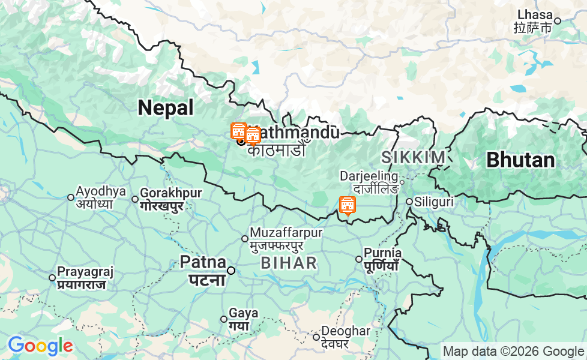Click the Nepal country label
pyautogui.click(x=166, y=108)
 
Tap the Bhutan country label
pyautogui.click(x=520, y=160)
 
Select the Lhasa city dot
pyautogui.click(x=557, y=21)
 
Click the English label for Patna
pyautogui.click(x=203, y=262)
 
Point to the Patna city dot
pyautogui.click(x=230, y=271)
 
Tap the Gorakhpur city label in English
pyautogui.click(x=171, y=193)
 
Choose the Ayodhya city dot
pyautogui.click(x=71, y=197)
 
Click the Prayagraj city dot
pyautogui.click(x=52, y=277)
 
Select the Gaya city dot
pyautogui.click(x=224, y=319)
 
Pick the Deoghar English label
pyautogui.click(x=346, y=331)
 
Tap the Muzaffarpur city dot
pyautogui.click(x=244, y=239)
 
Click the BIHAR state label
pyautogui.click(x=289, y=263)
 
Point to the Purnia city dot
pyautogui.click(x=359, y=259)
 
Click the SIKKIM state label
pyautogui.click(x=414, y=157)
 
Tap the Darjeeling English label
pyautogui.click(x=369, y=176)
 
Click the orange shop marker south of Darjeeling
pyautogui.click(x=347, y=205)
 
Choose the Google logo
pyautogui.click(x=40, y=346)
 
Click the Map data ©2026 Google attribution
pyautogui.click(x=513, y=351)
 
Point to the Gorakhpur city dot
pyautogui.click(x=135, y=199)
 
